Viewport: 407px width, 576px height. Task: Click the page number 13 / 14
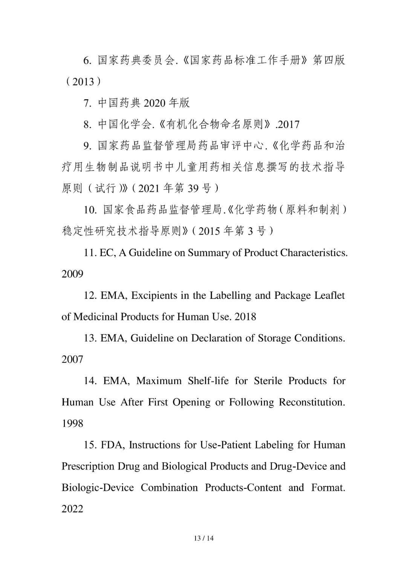pyautogui.click(x=203, y=538)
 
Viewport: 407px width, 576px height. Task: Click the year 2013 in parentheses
pyautogui.click(x=83, y=81)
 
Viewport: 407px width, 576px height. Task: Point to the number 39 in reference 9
pyautogui.click(x=193, y=188)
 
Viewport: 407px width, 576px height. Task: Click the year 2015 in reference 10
pyautogui.click(x=209, y=231)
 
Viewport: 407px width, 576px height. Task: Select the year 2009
pyautogui.click(x=72, y=274)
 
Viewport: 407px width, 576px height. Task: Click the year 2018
pyautogui.click(x=245, y=316)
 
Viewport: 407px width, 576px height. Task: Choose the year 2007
pyautogui.click(x=72, y=359)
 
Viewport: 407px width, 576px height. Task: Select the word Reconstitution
pyautogui.click(x=312, y=402)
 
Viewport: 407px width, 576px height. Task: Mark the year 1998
pyautogui.click(x=72, y=424)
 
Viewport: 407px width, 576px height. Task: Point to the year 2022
pyautogui.click(x=72, y=509)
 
